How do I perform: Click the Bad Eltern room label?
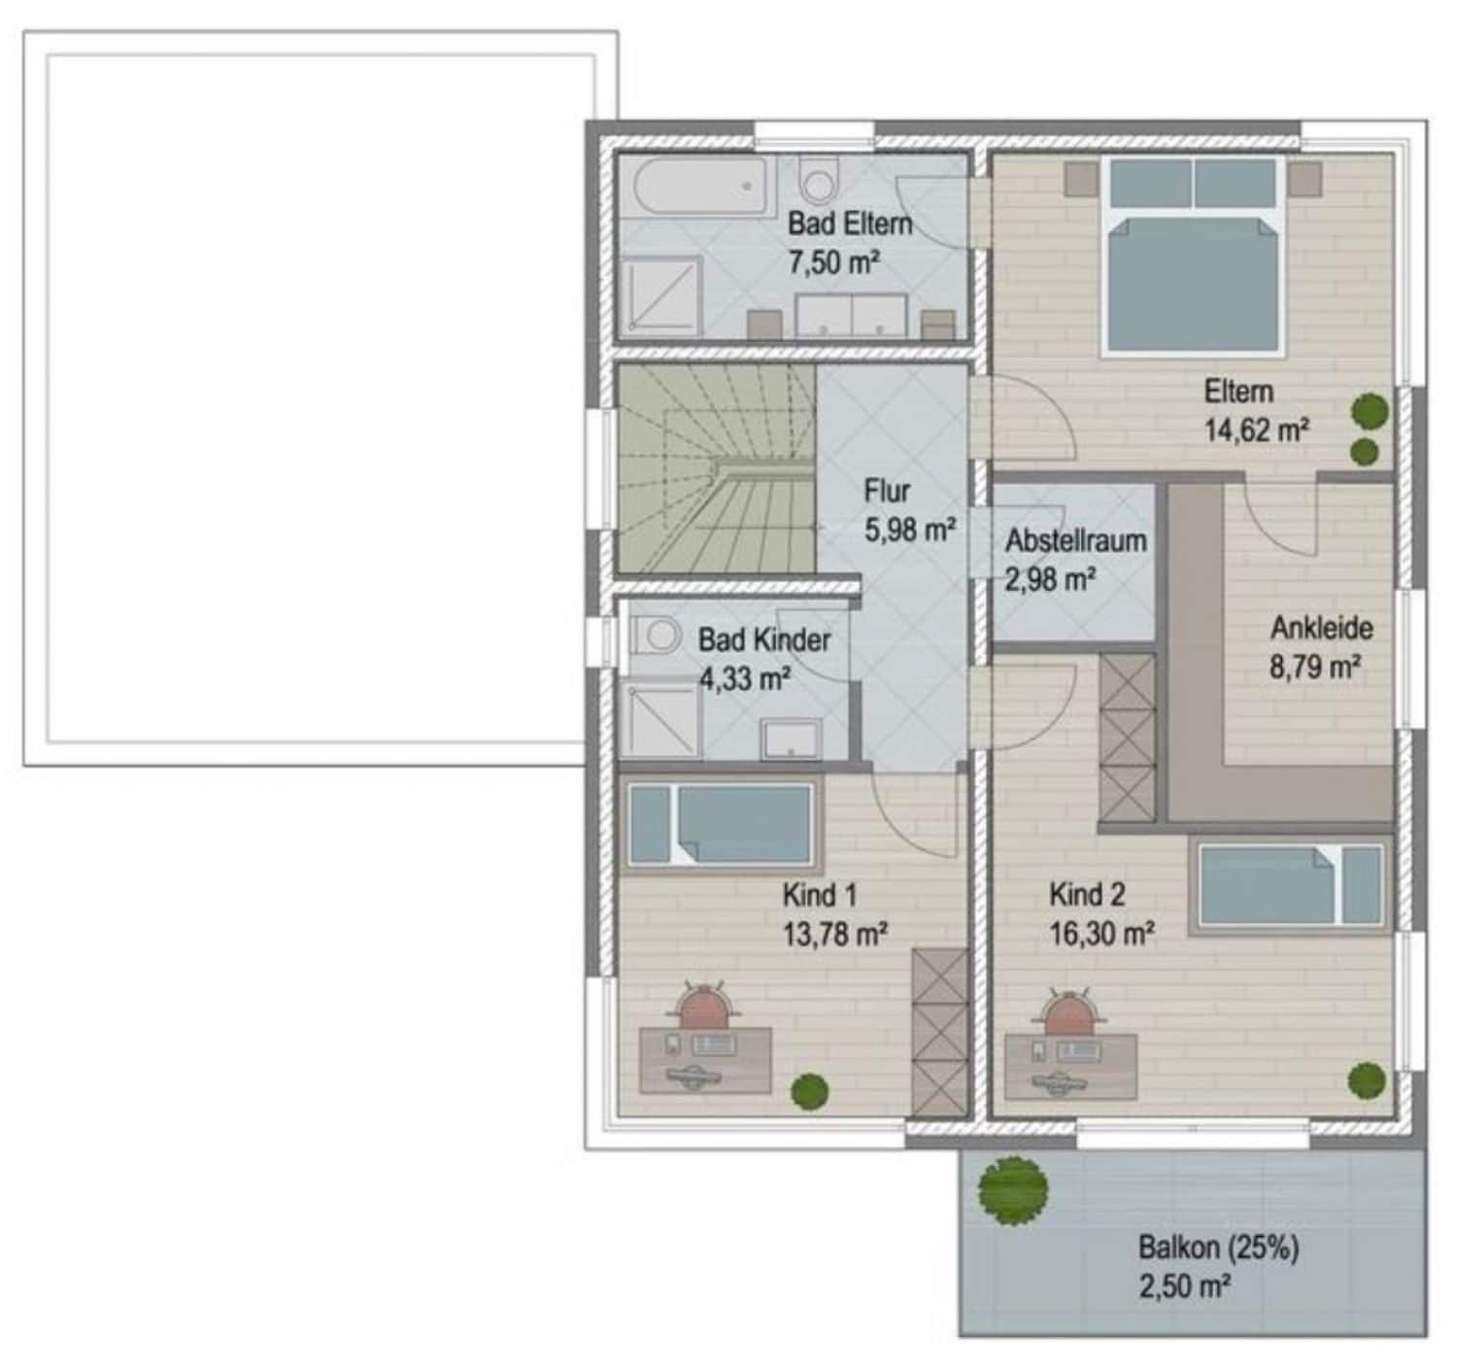(850, 223)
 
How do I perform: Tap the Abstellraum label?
(1075, 541)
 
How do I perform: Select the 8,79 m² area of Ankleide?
(1315, 667)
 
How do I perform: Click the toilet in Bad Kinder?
(658, 634)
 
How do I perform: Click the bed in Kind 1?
(720, 824)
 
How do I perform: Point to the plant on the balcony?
(1013, 1190)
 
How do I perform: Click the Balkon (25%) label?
(1218, 1248)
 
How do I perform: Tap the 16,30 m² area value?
(1101, 935)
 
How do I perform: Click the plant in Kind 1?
(809, 1090)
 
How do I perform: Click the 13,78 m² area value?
(835, 936)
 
